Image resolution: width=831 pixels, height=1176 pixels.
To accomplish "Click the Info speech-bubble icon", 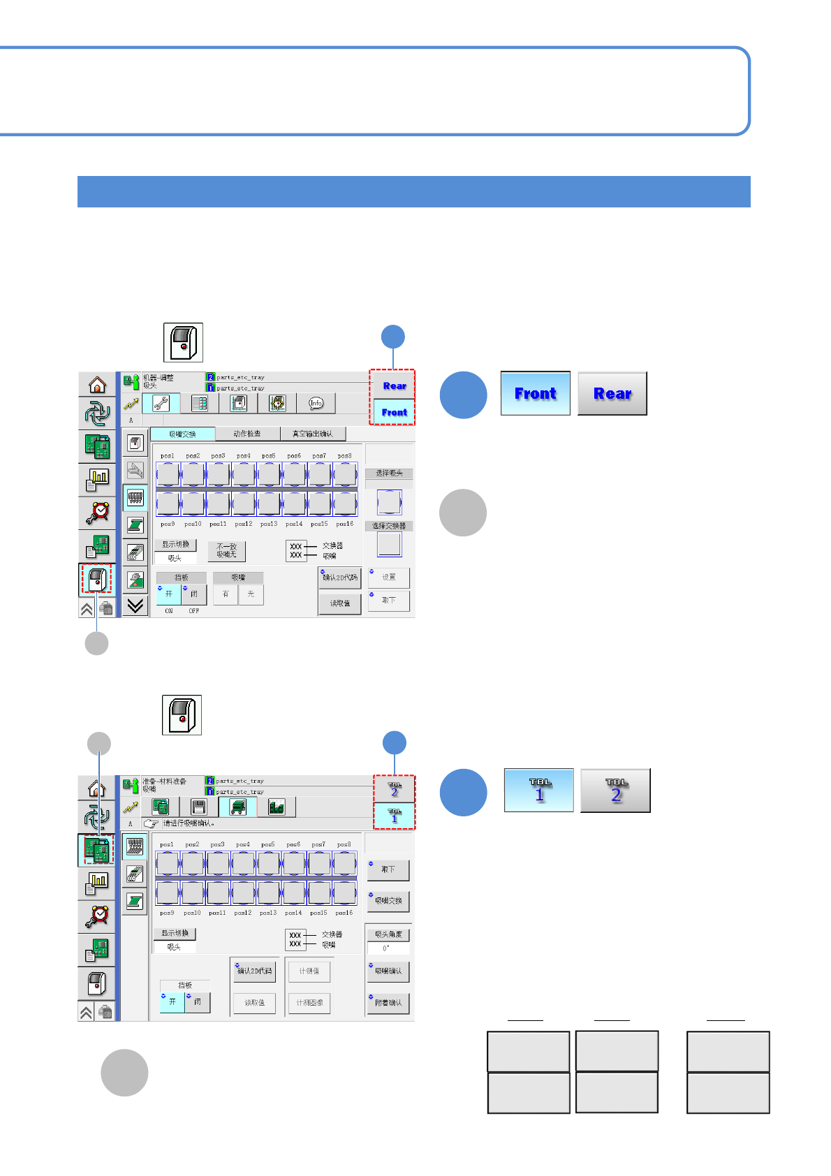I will click(316, 403).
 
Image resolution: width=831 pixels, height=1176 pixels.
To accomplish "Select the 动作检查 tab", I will click(247, 434).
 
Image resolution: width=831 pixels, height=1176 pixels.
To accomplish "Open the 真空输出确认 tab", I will click(312, 434).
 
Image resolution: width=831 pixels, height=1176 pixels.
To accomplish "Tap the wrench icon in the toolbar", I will click(161, 403).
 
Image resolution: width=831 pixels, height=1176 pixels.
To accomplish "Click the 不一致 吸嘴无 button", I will click(226, 551).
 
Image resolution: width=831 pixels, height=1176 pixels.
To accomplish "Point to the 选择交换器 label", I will click(389, 526).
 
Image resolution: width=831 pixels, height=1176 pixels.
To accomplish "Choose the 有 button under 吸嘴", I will click(226, 594).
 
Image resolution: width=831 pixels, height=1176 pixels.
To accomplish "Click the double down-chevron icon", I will click(135, 605).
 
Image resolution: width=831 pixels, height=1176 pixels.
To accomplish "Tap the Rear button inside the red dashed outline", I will click(394, 385).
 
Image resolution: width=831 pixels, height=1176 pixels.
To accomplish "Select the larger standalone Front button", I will click(536, 394).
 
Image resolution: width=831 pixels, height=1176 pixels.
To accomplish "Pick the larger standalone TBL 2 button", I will click(615, 791).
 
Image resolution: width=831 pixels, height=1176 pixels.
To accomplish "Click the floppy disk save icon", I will click(199, 807).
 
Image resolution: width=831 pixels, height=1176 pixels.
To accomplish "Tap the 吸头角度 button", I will click(388, 934).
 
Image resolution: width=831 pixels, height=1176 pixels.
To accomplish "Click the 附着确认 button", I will click(388, 1003).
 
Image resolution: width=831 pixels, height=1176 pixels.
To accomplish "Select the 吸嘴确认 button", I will click(388, 971).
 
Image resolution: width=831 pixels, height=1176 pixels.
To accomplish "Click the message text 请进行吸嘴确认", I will click(189, 823).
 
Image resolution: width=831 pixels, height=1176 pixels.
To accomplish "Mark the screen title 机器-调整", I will click(158, 378).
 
